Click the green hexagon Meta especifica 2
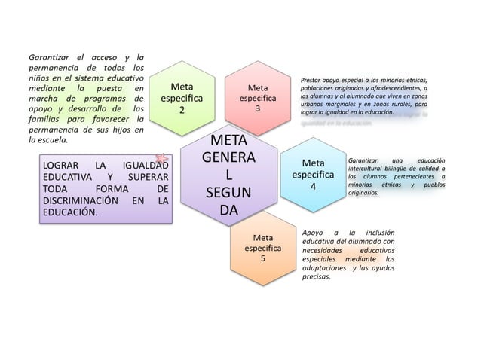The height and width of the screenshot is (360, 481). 181,98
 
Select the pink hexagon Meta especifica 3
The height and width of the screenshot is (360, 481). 258,98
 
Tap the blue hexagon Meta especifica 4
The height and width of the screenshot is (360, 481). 313,174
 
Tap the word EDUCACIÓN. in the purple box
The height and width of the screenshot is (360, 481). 70,213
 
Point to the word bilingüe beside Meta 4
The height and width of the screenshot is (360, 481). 397,169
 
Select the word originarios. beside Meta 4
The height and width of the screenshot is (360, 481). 363,193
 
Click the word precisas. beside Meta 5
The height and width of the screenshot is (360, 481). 317,277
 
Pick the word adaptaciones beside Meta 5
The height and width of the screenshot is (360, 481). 324,268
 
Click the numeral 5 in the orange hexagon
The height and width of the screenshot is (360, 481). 262,258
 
